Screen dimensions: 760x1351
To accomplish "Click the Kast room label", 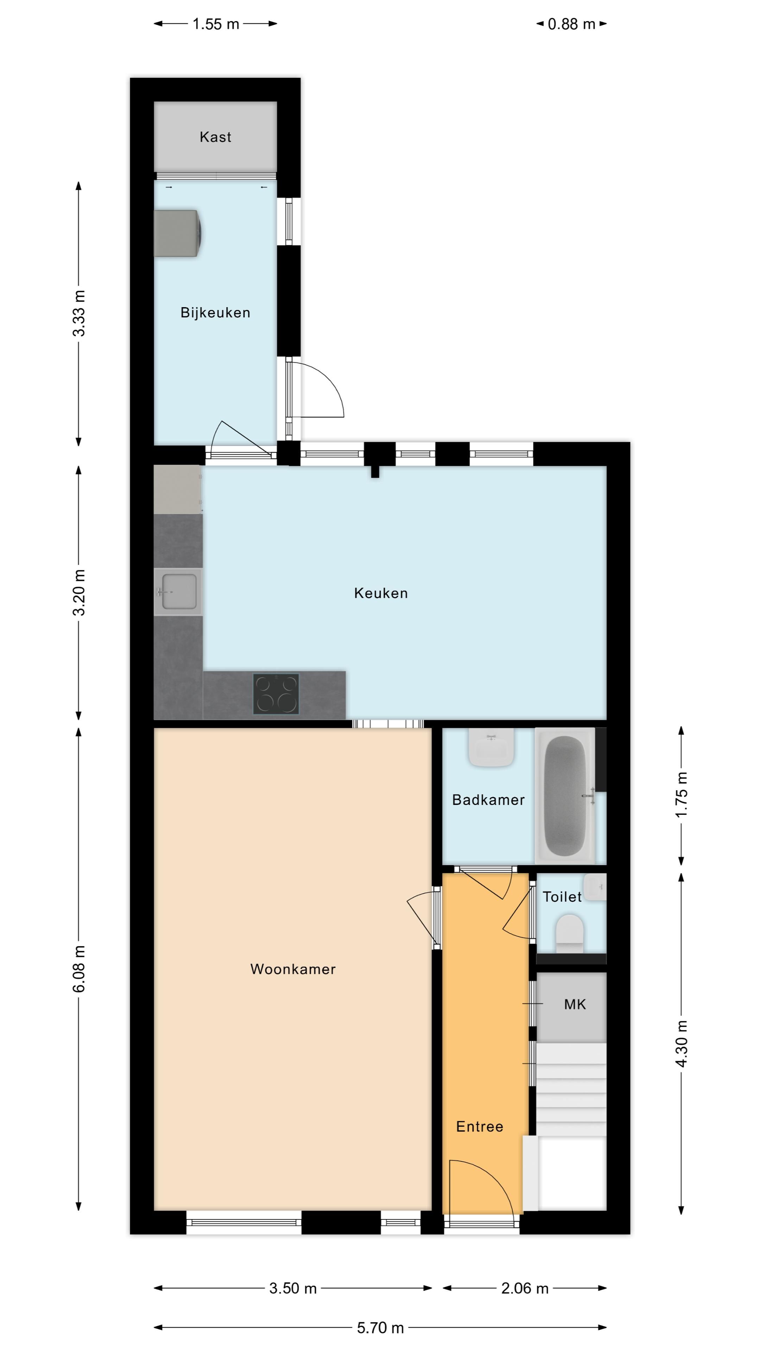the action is (x=215, y=137).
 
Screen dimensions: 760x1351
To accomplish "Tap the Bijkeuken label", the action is (x=215, y=312).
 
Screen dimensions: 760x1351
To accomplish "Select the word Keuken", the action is (x=381, y=593).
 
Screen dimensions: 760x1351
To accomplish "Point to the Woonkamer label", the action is (x=293, y=969).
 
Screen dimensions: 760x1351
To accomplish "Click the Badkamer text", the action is (x=488, y=800).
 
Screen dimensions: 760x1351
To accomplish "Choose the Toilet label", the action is (x=562, y=897).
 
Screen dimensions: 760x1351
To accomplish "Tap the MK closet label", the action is (x=575, y=1004).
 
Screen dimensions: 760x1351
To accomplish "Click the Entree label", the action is (x=479, y=1127).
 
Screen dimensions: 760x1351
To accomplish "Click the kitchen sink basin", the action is (x=179, y=591).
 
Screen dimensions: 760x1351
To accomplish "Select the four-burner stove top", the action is (x=276, y=694).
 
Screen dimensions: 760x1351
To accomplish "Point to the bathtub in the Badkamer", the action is (x=565, y=795).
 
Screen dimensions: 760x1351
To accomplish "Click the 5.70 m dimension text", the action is (x=380, y=1327).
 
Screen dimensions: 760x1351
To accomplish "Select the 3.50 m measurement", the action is (x=293, y=1288).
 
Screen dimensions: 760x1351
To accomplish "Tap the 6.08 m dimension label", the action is (x=79, y=969).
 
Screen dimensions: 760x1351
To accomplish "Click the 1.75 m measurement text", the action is (x=681, y=795).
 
